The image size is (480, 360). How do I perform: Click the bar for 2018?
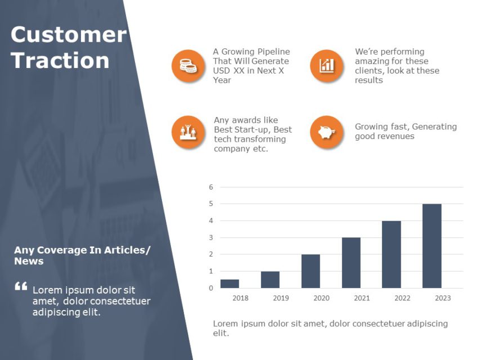[230, 284]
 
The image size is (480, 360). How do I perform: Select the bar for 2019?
[270, 280]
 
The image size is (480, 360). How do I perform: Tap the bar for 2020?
[311, 271]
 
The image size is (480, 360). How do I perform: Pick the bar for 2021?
[351, 263]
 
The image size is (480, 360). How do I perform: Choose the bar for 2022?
[392, 254]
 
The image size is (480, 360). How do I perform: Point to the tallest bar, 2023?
[432, 246]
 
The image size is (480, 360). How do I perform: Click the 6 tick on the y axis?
[211, 187]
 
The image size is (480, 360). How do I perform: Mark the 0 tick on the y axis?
[211, 288]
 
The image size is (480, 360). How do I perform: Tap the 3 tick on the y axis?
[211, 237]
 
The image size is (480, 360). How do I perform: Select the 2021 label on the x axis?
[362, 298]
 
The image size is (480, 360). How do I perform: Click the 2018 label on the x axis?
[240, 298]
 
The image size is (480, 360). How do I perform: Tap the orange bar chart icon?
[326, 66]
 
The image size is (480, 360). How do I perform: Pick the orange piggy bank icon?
[326, 133]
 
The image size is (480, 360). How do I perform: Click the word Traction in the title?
[60, 61]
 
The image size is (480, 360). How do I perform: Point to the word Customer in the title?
[69, 35]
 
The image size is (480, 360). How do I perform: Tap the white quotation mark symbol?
[21, 287]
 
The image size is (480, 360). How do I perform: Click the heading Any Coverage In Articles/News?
[82, 255]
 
